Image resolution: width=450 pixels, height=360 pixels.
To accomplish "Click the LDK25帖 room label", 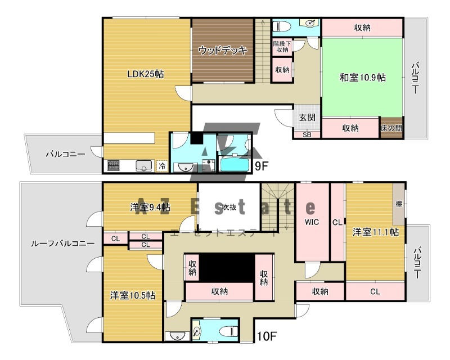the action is click(x=146, y=74).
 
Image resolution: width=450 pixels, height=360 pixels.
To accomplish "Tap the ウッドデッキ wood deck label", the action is click(x=223, y=51).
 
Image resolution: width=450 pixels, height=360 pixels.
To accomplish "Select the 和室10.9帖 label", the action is click(x=362, y=77).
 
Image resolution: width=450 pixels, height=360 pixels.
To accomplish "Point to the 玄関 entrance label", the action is click(x=307, y=118).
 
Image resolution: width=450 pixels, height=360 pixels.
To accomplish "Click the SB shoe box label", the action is click(x=307, y=134).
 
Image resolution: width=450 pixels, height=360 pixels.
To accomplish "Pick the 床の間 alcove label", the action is click(x=391, y=128).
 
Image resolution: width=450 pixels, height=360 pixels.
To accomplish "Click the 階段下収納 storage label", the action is click(x=282, y=47).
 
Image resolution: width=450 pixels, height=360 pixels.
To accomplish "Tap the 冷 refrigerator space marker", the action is click(x=162, y=166).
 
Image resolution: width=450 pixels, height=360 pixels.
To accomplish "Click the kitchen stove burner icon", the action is click(x=114, y=165).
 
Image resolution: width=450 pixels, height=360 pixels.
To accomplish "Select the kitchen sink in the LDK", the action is click(x=144, y=165).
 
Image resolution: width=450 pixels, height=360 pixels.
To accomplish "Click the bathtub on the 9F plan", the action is click(x=233, y=164).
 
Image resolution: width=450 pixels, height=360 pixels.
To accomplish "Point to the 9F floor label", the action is click(x=261, y=166).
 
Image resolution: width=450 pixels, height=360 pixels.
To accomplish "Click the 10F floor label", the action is click(x=267, y=336).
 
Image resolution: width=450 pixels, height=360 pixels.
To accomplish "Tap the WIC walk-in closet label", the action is click(x=312, y=222).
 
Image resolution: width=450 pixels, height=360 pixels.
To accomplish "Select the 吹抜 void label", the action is click(x=229, y=207).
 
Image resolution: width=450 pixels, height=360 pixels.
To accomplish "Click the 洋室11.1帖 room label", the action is click(x=376, y=232).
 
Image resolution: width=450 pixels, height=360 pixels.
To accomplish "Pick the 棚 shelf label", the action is click(x=399, y=204).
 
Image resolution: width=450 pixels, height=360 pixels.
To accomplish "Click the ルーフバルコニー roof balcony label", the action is click(x=62, y=244).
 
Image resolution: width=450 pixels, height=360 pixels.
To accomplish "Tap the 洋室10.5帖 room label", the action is click(x=133, y=295).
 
